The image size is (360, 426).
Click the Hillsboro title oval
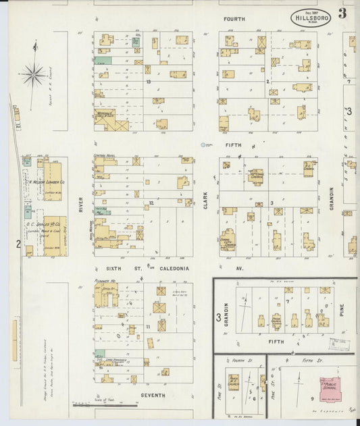pyautogui.click(x=311, y=18)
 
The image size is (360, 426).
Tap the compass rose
pyautogui.click(x=32, y=74)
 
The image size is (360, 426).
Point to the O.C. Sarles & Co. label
pyautogui.click(x=45, y=223)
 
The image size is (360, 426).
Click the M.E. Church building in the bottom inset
pyautogui.click(x=233, y=384)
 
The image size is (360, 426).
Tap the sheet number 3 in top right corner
pyautogui.click(x=342, y=14)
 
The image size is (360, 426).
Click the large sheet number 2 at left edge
pyautogui.click(x=18, y=244)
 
